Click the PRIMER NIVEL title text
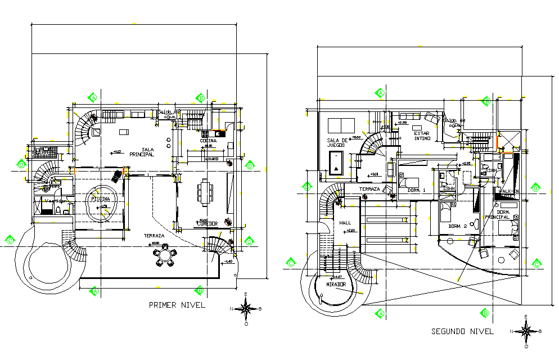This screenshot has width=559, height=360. point(177,305)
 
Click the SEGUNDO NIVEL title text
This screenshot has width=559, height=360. point(462,331)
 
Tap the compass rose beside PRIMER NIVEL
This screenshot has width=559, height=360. point(246,308)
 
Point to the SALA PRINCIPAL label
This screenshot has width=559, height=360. point(141,152)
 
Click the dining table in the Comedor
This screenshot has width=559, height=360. point(205,191)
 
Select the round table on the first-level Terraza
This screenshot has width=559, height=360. point(165,255)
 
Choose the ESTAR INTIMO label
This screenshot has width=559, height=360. point(422,136)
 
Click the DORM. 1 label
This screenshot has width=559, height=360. point(416,190)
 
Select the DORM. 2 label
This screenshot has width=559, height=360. point(458,226)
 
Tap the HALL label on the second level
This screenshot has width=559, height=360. point(345,223)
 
